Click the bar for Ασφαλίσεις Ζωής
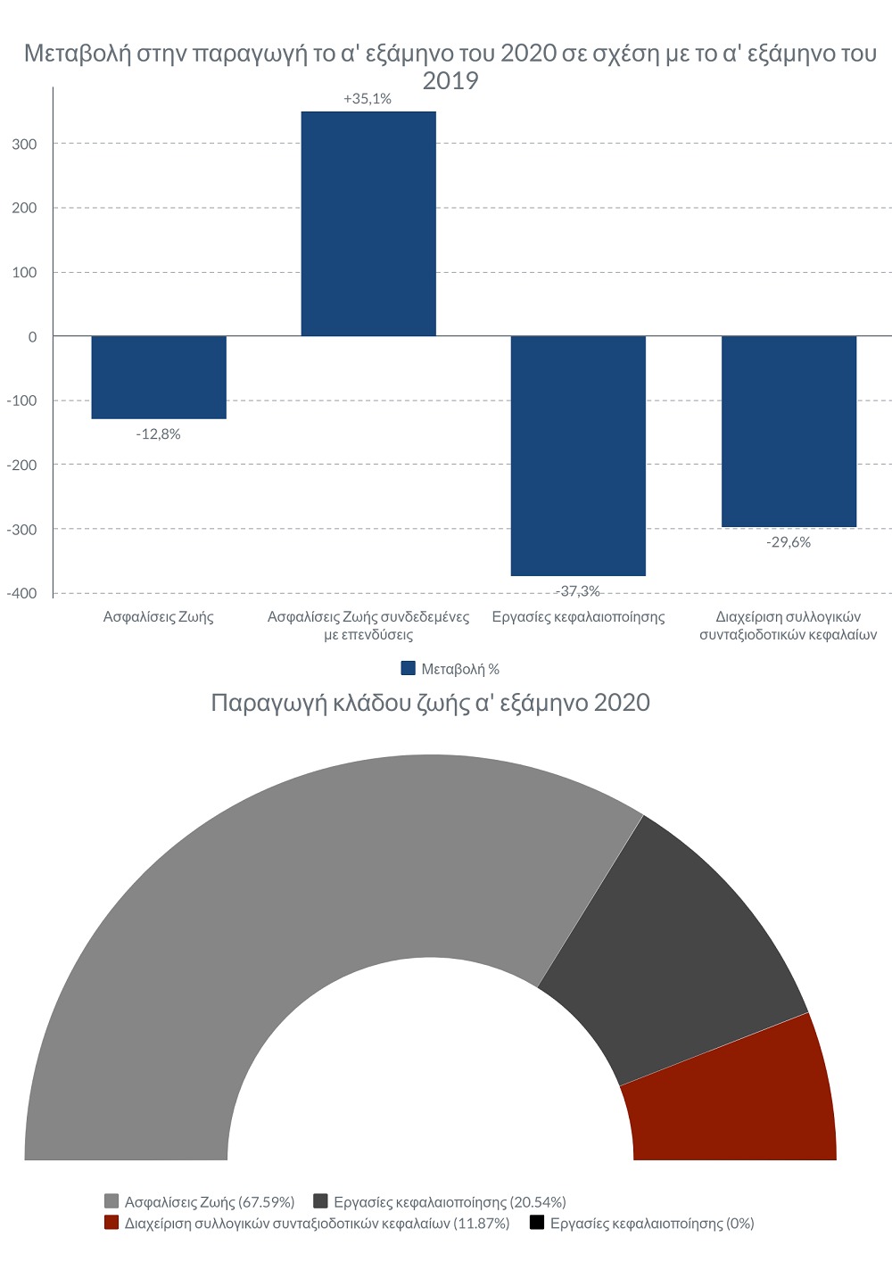(x=159, y=377)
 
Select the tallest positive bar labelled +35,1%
(x=368, y=224)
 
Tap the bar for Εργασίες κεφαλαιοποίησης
(x=578, y=456)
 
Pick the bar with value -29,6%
(x=789, y=432)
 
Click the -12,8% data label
(x=159, y=434)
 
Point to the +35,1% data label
(x=368, y=99)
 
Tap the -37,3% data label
(x=578, y=591)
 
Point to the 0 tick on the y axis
(x=33, y=336)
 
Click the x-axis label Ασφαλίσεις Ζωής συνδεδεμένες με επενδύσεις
(x=368, y=626)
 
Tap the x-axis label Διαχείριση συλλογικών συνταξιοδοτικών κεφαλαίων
(x=789, y=626)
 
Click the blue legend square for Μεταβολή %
(x=409, y=668)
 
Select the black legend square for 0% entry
(x=537, y=1223)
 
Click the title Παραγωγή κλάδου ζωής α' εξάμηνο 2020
(x=431, y=703)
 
